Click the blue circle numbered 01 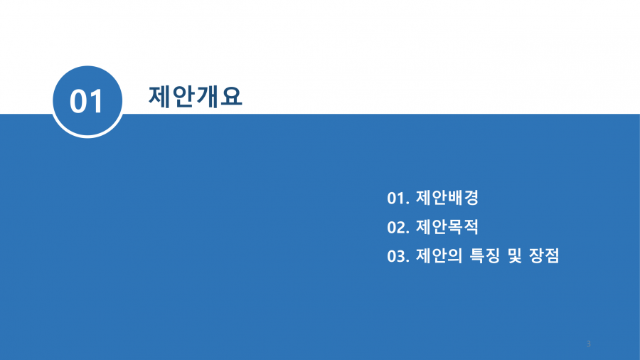point(87,101)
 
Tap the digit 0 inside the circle point(79,102)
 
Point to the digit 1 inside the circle point(97,102)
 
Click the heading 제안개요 point(195,97)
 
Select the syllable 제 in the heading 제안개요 point(159,97)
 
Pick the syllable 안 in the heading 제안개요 point(183,97)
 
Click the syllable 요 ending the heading point(231,97)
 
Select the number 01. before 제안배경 point(398,198)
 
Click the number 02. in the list point(398,228)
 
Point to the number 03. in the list point(398,256)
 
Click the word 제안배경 point(447,198)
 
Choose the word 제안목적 point(447,227)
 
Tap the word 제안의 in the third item point(439,256)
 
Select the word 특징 point(485,256)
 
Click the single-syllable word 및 point(515,256)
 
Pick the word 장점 point(544,256)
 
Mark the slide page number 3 point(589,344)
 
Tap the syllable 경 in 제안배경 point(471,198)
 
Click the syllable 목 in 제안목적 point(455,227)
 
